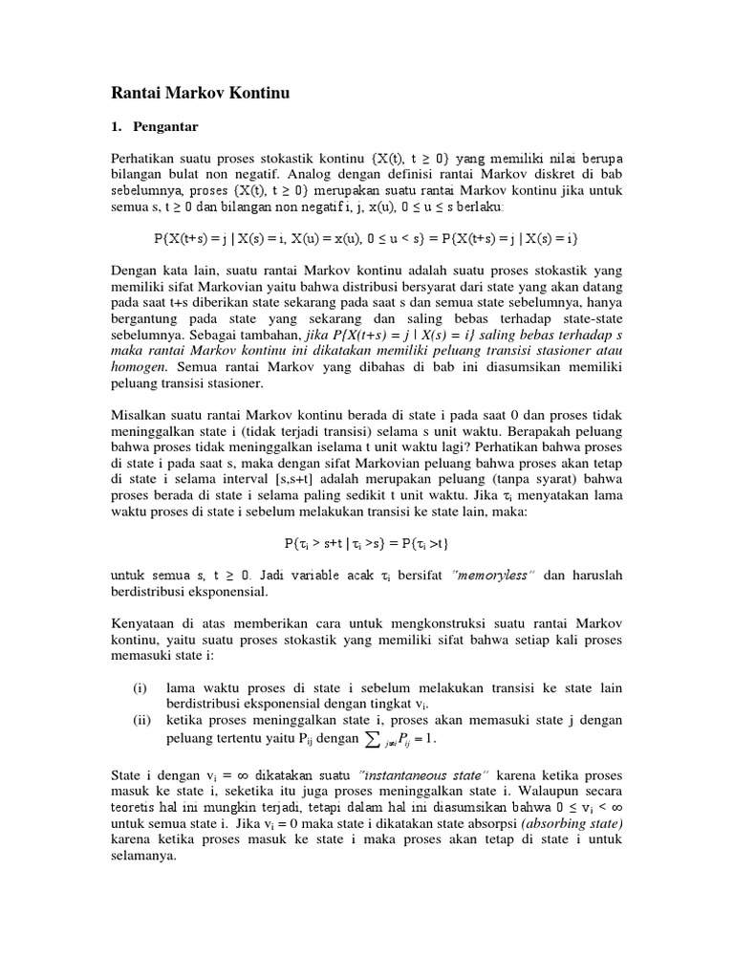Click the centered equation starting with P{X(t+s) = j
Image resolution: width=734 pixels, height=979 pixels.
click(x=366, y=235)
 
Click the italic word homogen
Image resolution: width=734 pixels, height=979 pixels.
click(x=139, y=367)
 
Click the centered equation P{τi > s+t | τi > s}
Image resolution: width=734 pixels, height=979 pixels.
click(x=366, y=542)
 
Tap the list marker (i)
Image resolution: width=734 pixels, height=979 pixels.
click(x=140, y=686)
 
